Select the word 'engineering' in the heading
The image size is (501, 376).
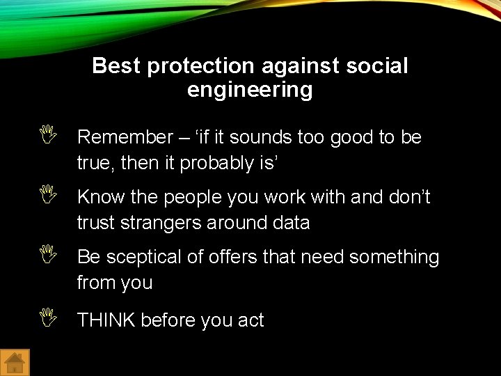(x=250, y=90)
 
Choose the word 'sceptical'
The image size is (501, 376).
(x=143, y=258)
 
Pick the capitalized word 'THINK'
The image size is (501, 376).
(x=106, y=320)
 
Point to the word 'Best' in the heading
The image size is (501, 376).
(x=116, y=66)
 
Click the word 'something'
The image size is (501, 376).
(x=394, y=258)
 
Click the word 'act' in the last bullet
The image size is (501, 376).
(x=250, y=320)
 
